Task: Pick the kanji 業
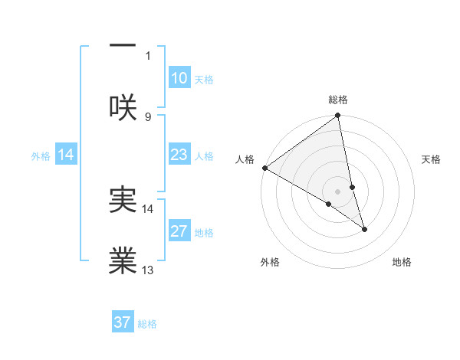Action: (123, 261)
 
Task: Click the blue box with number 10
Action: (179, 78)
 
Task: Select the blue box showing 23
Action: (179, 155)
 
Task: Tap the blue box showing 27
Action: (179, 231)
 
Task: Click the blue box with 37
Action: (123, 322)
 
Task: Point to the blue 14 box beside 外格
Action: (66, 155)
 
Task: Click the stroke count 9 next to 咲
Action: (148, 116)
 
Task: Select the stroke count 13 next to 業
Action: (148, 270)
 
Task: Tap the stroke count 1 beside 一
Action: (148, 55)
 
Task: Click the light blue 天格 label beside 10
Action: (204, 80)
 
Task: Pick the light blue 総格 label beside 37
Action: (148, 324)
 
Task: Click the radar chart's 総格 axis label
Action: (338, 100)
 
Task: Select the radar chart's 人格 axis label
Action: (245, 159)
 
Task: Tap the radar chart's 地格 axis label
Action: (402, 263)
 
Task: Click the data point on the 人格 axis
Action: (264, 168)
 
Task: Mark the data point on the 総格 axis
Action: (338, 116)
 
